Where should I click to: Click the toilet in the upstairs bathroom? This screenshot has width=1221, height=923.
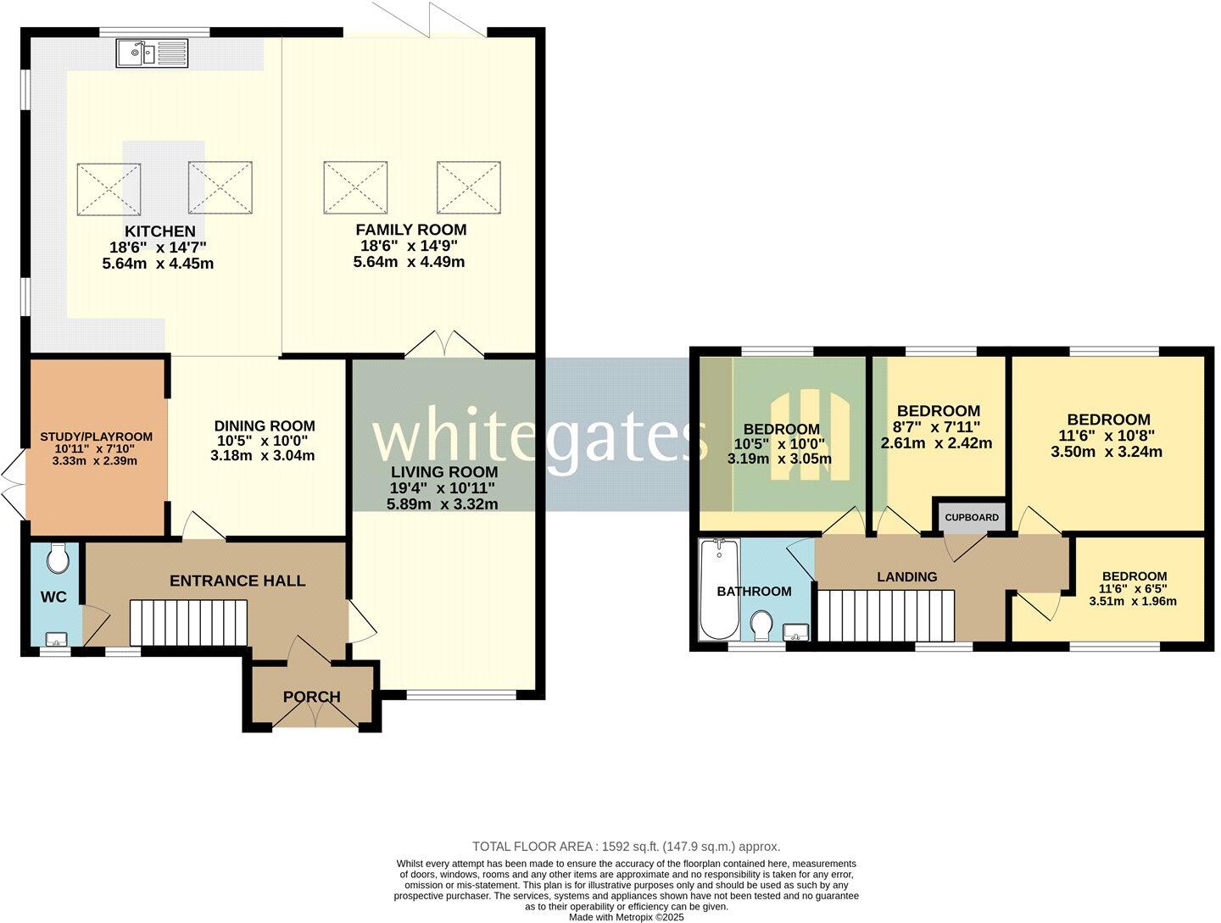[x=761, y=626]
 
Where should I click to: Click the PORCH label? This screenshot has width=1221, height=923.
[x=311, y=697]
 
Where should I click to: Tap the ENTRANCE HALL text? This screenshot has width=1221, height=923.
[x=237, y=581]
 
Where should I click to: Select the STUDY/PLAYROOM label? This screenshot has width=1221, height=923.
[x=97, y=436]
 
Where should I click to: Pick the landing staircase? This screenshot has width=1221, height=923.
[x=886, y=615]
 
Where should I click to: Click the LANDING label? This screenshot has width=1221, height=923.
[x=906, y=576]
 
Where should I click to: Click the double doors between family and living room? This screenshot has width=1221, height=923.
[x=444, y=345]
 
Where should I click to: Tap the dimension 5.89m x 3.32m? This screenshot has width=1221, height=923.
[x=442, y=503]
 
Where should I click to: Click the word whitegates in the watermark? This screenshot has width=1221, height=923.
[x=540, y=434]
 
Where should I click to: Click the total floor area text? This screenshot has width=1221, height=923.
[x=626, y=846]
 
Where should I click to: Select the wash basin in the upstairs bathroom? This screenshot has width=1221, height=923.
[x=796, y=631]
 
